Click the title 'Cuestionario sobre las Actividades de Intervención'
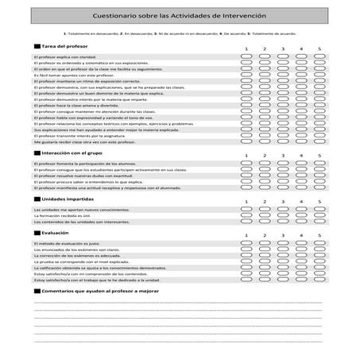tap(180, 15)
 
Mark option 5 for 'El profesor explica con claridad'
tap(319, 58)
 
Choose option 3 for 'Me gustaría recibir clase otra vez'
tap(283, 141)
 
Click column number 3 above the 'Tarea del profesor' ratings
tap(283, 48)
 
